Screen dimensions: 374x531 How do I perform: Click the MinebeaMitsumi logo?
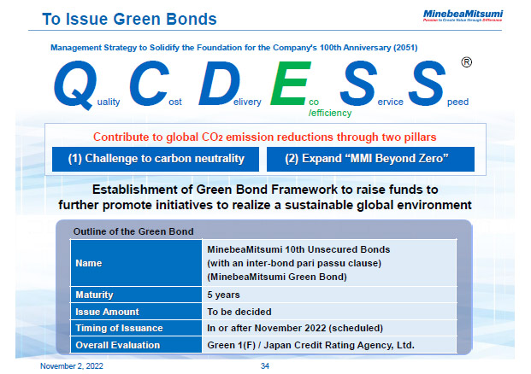click(x=475, y=15)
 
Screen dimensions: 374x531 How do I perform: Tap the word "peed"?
click(x=458, y=102)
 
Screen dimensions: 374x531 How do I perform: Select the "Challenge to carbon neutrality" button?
click(x=156, y=158)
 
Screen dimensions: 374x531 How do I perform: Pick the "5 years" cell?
click(x=223, y=295)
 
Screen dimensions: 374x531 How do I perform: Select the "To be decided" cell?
click(x=239, y=312)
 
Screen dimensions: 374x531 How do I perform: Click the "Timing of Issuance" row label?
click(x=117, y=328)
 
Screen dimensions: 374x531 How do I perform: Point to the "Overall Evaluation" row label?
click(x=116, y=344)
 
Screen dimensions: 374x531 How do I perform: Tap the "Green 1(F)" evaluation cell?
click(x=310, y=344)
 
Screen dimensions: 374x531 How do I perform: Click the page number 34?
click(x=265, y=365)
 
